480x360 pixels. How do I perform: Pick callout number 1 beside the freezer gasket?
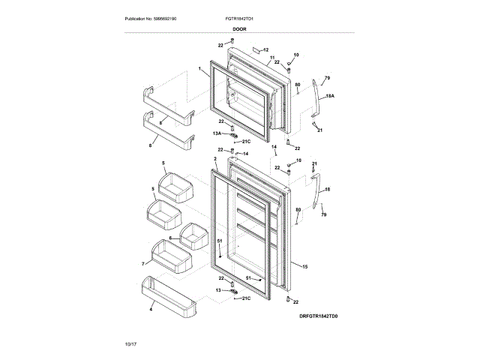[x=200, y=70]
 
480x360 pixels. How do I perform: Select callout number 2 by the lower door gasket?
[x=215, y=159]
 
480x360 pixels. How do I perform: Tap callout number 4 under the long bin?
[x=151, y=309]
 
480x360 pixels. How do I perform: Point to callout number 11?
[x=271, y=57]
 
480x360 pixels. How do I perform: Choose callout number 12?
[x=265, y=49]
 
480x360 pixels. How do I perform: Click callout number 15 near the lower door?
[x=304, y=265]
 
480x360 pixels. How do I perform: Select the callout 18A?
[x=330, y=96]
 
